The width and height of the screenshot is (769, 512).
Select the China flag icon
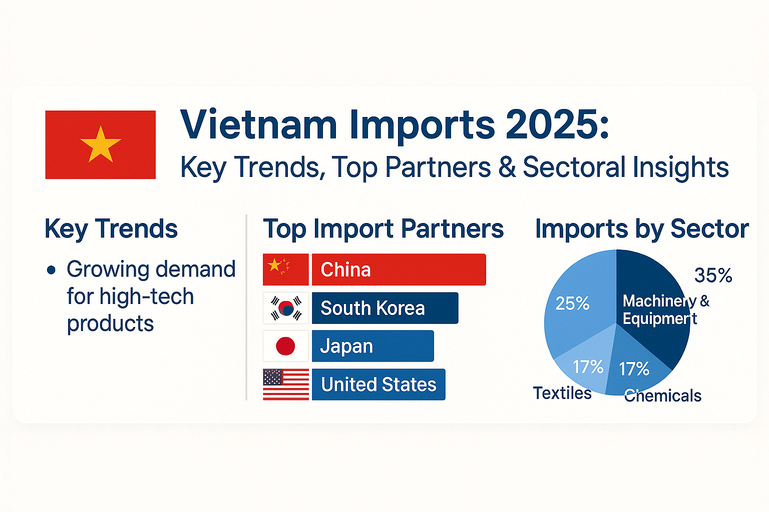point(285,269)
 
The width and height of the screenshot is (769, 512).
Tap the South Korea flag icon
point(286,308)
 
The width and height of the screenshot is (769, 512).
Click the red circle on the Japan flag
point(285,346)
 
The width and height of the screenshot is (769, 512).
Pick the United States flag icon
point(286,384)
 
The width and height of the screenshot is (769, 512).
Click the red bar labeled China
point(399,269)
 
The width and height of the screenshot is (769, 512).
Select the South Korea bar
point(384,308)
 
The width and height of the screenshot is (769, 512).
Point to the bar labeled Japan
point(372,346)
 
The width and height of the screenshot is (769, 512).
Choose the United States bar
point(378,384)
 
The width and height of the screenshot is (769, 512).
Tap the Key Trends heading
point(111,229)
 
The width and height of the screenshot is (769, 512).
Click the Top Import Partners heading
point(383,229)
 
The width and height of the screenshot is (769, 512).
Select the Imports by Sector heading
point(642,229)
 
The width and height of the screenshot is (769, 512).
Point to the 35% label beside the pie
point(713,275)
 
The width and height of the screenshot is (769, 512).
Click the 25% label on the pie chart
point(572,303)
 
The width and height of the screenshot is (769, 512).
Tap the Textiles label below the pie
point(562,393)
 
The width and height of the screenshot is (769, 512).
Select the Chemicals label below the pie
point(662,395)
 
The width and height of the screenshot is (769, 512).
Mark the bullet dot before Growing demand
point(51,270)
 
